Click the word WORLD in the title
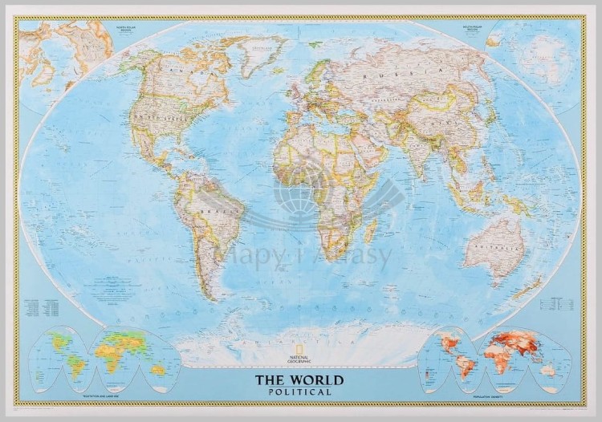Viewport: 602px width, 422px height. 317,379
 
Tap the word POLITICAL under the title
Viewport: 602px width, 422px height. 301,392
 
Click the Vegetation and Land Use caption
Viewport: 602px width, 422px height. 104,397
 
